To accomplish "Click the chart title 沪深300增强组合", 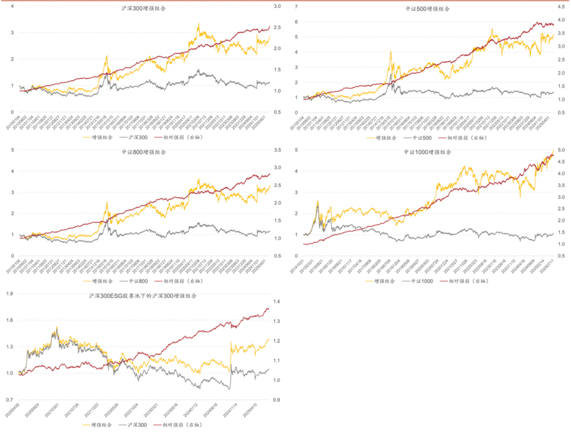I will click(143, 8).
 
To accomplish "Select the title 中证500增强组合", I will click(427, 9).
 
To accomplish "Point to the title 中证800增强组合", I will click(144, 152).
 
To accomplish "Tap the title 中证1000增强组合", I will click(427, 152).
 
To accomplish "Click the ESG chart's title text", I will click(142, 296).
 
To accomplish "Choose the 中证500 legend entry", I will click(422, 138).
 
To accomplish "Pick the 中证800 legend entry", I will click(138, 281).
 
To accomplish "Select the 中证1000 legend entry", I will click(422, 281).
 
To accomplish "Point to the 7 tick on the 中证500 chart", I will click(296, 7).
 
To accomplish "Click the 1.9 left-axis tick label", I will click(10, 293).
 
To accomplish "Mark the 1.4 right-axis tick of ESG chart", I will click(276, 302).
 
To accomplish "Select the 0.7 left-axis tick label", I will click(10, 400).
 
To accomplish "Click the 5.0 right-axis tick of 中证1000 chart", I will click(561, 150).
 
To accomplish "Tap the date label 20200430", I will click(13, 410).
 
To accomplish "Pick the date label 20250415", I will click(250, 410).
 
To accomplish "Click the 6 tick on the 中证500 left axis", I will click(296, 22).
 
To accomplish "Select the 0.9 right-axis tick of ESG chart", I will click(276, 400).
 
